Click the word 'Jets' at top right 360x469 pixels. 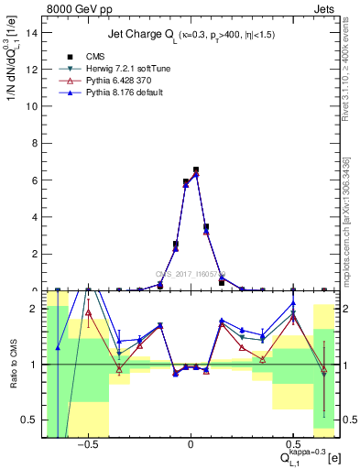click(325, 7)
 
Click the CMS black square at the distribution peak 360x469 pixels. click(196, 169)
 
